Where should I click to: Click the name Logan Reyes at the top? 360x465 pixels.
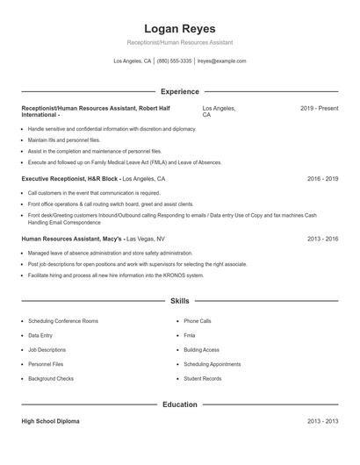179,28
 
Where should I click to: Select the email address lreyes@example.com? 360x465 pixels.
221,61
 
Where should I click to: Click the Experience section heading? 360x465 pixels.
179,91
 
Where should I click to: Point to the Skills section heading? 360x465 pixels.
179,301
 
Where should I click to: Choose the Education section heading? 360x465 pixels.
179,404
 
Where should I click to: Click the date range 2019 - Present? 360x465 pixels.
319,108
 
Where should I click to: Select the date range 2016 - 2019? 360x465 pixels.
322,178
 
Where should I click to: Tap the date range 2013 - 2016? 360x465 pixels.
322,239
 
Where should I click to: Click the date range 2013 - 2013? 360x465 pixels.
322,421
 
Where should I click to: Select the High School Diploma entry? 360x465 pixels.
50,421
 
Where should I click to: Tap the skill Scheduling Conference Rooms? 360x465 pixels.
63,321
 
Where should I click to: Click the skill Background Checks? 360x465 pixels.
51,378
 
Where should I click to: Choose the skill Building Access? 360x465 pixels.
201,350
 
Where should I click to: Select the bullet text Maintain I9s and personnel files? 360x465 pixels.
64,139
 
